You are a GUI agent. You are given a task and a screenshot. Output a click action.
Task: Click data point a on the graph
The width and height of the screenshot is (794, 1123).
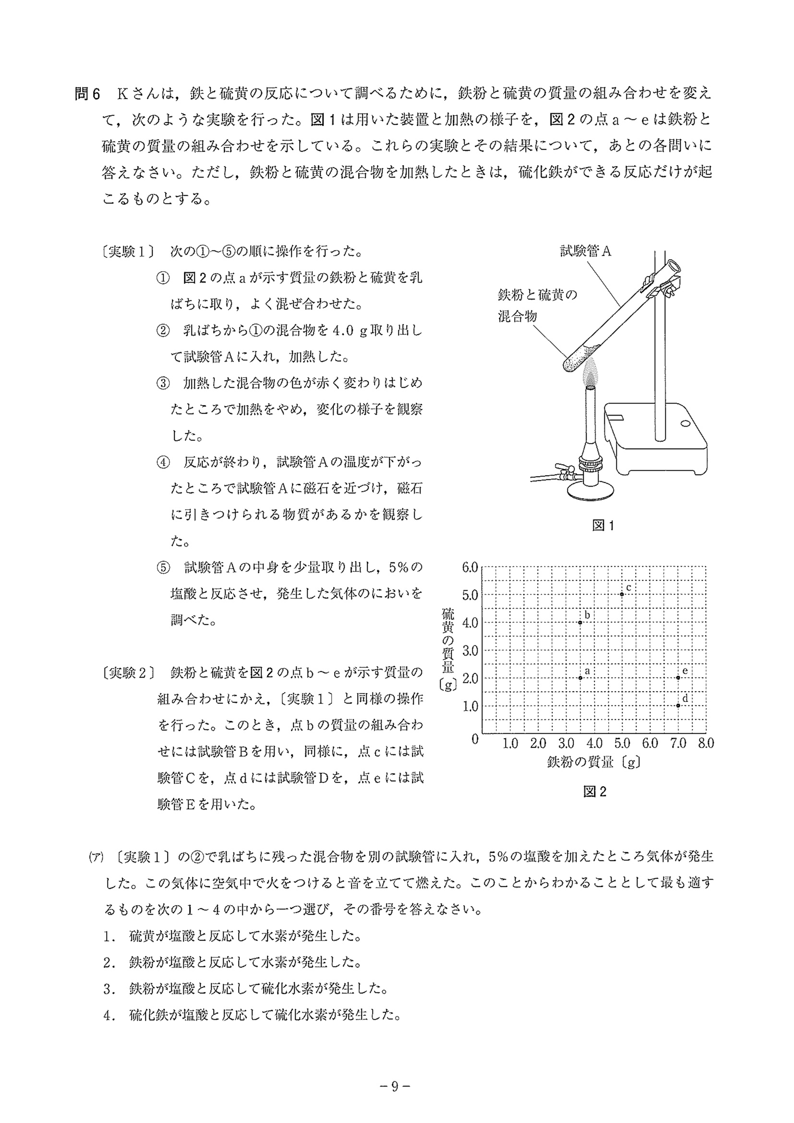[x=580, y=678]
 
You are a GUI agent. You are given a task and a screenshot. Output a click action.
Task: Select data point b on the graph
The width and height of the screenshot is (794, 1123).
[x=580, y=622]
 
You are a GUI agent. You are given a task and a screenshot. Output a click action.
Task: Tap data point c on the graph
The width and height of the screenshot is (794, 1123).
[x=622, y=594]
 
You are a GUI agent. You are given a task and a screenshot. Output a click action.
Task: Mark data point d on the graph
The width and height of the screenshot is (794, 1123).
[x=678, y=706]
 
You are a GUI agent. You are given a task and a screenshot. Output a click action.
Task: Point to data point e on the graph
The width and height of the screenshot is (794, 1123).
[x=678, y=678]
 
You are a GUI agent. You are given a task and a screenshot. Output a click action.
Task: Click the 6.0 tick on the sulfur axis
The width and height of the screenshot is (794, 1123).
[x=469, y=568]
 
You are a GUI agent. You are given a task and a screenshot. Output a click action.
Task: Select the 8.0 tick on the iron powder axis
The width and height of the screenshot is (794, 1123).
[x=706, y=743]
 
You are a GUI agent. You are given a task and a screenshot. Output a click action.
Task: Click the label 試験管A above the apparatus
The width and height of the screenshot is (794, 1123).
[x=585, y=251]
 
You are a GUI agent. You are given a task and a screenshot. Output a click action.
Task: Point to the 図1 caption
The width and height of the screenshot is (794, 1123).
[x=603, y=526]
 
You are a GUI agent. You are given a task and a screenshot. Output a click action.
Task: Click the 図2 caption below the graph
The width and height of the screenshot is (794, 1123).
[x=594, y=791]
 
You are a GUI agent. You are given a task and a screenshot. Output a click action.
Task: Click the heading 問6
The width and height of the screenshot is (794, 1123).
[x=87, y=94]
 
